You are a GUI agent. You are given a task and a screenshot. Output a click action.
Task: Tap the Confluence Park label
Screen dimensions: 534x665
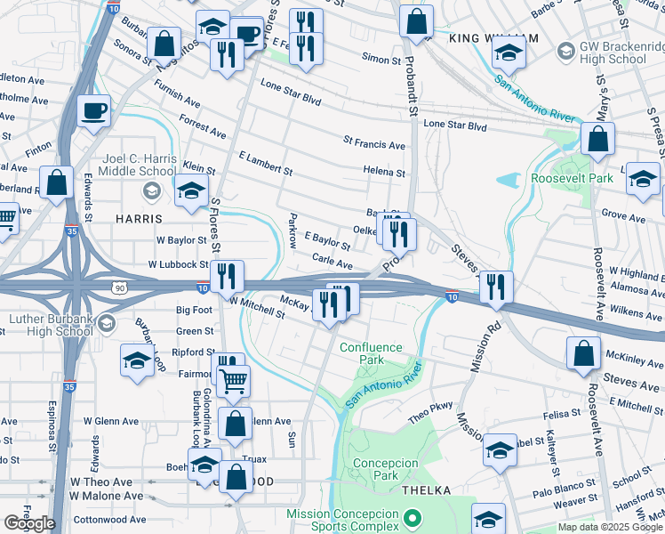(x=371, y=353)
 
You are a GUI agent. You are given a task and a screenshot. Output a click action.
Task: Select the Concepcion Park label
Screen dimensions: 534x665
(x=385, y=469)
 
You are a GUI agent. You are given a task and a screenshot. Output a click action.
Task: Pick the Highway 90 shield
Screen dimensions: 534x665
(x=118, y=287)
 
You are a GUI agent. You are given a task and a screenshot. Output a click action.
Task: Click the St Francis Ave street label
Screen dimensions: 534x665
(x=373, y=144)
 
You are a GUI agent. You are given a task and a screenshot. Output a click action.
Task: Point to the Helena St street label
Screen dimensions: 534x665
(x=383, y=173)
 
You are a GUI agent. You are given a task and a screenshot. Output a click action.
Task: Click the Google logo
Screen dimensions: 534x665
(x=29, y=523)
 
